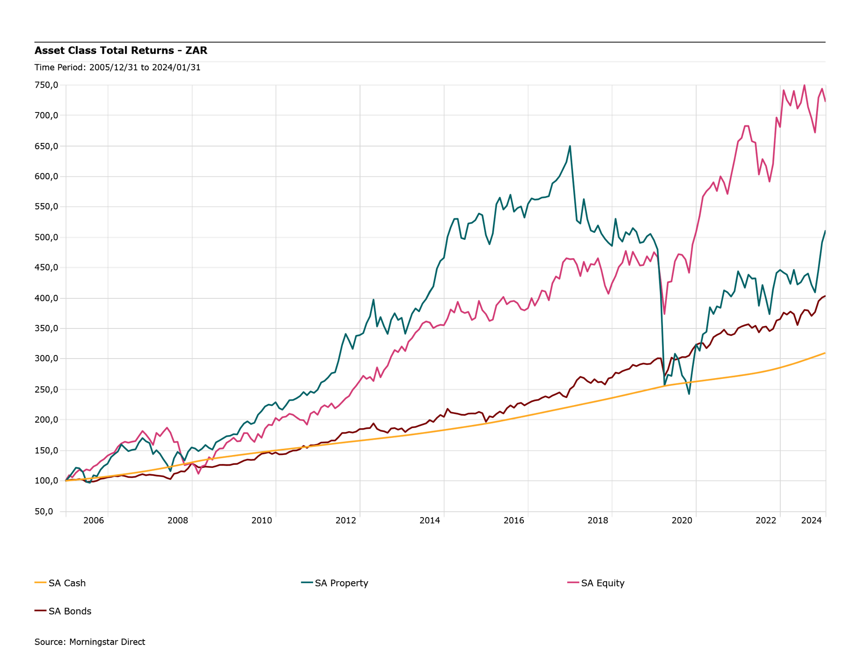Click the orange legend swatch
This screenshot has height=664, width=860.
[x=41, y=583]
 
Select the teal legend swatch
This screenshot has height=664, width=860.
[x=307, y=583]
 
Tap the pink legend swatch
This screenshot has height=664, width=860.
[x=573, y=583]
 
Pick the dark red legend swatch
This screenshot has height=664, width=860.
[x=41, y=610]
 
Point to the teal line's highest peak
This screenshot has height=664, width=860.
[x=570, y=146]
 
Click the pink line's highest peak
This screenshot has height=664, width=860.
[x=804, y=85]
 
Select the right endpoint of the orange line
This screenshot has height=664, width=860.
[x=825, y=353]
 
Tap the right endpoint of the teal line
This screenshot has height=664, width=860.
[x=825, y=230]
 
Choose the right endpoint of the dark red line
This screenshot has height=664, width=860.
[x=825, y=296]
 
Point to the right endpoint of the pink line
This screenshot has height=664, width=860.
[x=825, y=102]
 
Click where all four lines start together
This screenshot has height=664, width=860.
[x=66, y=480]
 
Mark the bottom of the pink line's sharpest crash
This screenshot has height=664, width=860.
[x=665, y=314]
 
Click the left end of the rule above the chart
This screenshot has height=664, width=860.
[x=35, y=62]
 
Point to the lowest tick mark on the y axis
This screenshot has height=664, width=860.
[x=62, y=512]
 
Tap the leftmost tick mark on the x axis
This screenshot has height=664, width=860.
[x=66, y=514]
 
